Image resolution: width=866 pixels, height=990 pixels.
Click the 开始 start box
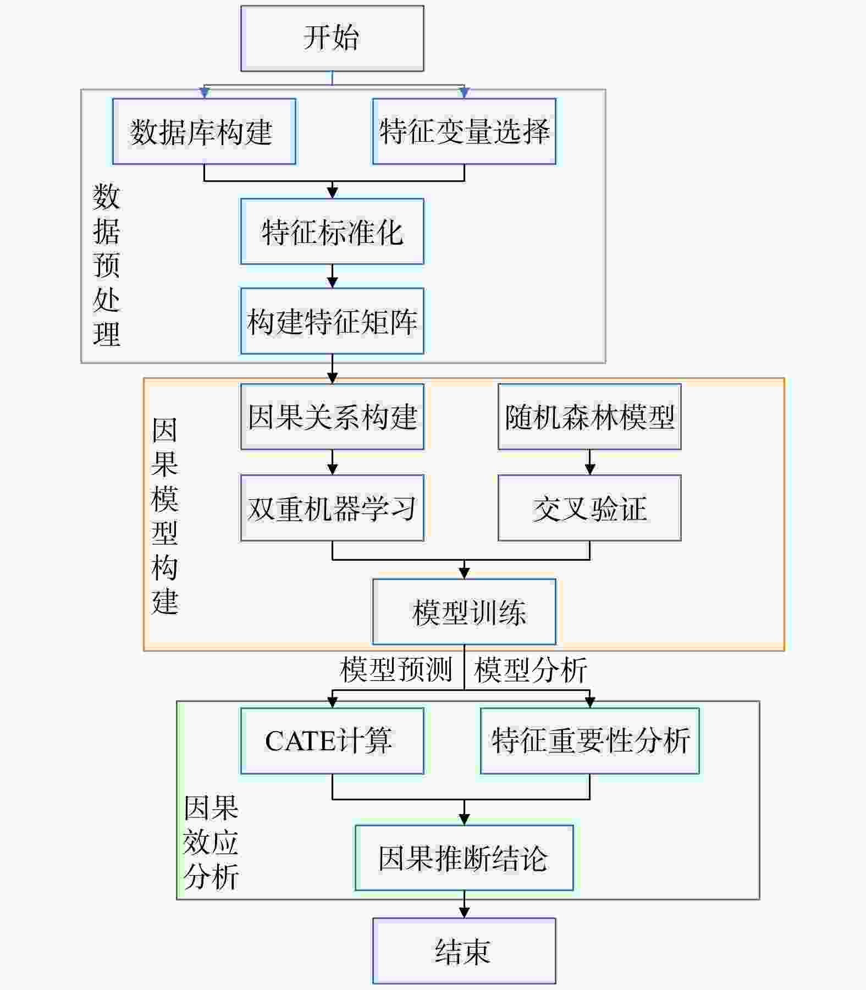[x=332, y=38]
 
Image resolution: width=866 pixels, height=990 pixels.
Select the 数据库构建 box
[x=204, y=131]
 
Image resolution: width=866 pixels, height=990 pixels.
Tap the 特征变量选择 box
[x=464, y=131]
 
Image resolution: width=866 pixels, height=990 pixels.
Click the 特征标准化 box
[x=332, y=231]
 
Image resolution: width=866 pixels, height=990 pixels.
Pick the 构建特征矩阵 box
[x=332, y=321]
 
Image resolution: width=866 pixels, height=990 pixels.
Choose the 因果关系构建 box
[x=332, y=417]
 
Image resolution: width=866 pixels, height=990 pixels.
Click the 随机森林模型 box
[x=589, y=417]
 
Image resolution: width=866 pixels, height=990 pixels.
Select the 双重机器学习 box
[x=332, y=508]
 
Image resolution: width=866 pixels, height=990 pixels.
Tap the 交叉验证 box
[x=589, y=508]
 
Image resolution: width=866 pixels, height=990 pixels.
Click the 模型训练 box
[x=464, y=612]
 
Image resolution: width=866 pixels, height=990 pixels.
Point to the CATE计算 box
[x=332, y=741]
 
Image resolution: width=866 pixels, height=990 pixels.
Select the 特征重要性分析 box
[x=590, y=741]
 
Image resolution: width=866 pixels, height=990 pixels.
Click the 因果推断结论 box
[x=464, y=858]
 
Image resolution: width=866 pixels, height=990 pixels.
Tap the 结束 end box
[x=464, y=951]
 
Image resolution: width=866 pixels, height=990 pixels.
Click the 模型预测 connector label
[x=396, y=670]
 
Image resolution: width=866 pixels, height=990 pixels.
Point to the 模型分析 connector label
[x=531, y=670]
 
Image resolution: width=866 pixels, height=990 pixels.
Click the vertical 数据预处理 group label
[x=106, y=266]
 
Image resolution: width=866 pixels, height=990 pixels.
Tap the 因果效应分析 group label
[x=211, y=842]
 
